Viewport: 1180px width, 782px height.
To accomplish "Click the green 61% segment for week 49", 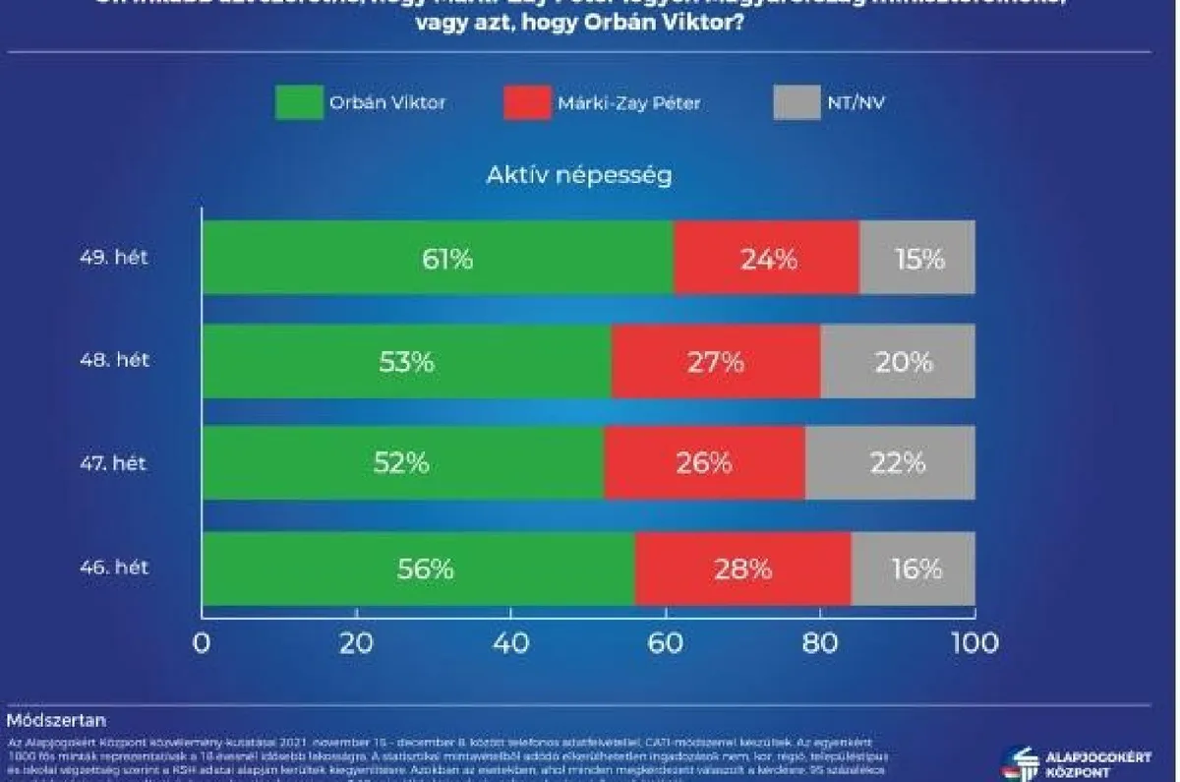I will click(x=438, y=258).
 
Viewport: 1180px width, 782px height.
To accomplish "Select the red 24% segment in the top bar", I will click(x=767, y=258).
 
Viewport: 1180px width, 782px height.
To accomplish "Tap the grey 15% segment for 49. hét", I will click(x=917, y=258).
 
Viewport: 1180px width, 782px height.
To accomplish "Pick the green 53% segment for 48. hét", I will click(x=406, y=361).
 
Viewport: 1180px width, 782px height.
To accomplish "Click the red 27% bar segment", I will click(x=716, y=361).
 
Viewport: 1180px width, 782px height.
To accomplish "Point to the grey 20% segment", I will click(x=898, y=361).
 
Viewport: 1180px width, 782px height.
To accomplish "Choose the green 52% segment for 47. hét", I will click(x=403, y=463).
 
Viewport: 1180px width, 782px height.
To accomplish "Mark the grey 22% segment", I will click(x=890, y=463).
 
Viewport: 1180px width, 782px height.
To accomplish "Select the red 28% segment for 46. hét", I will click(x=743, y=569).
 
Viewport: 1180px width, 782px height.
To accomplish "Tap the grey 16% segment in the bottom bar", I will click(x=914, y=569).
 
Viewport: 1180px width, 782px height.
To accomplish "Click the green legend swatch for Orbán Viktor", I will click(x=299, y=102).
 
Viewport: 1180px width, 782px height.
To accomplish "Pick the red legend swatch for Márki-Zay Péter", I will click(x=527, y=102).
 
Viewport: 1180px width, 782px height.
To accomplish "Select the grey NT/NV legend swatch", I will click(x=796, y=102).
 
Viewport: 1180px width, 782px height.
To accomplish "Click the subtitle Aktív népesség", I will click(x=579, y=176).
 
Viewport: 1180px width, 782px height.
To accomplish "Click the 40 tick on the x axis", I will click(x=510, y=643).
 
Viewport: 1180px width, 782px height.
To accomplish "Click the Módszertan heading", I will click(x=56, y=720).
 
